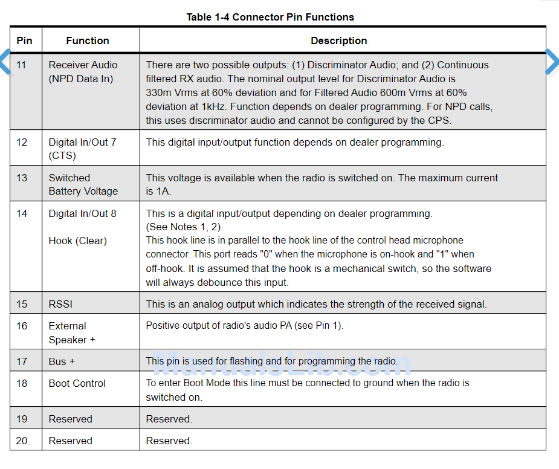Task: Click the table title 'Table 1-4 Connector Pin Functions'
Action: pyautogui.click(x=270, y=17)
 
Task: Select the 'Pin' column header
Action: pyautogui.click(x=24, y=40)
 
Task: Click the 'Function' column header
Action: pyautogui.click(x=88, y=40)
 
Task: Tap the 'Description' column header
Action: pyautogui.click(x=338, y=40)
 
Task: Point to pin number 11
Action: pyautogui.click(x=22, y=65)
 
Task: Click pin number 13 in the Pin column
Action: pyautogui.click(x=22, y=178)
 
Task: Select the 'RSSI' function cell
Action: pyautogui.click(x=60, y=304)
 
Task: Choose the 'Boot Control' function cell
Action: pyautogui.click(x=77, y=383)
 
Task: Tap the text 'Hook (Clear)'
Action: pyautogui.click(x=77, y=241)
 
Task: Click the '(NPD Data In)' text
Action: pyautogui.click(x=81, y=79)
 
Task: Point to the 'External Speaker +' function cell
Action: pyautogui.click(x=71, y=332)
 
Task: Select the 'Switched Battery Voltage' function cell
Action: pyautogui.click(x=83, y=184)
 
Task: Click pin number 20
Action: pyautogui.click(x=22, y=441)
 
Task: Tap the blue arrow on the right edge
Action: pyautogui.click(x=552, y=62)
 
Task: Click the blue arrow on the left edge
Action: pyautogui.click(x=5, y=62)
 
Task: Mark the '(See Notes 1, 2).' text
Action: pyautogui.click(x=184, y=227)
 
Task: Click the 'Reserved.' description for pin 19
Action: pyautogui.click(x=169, y=419)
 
